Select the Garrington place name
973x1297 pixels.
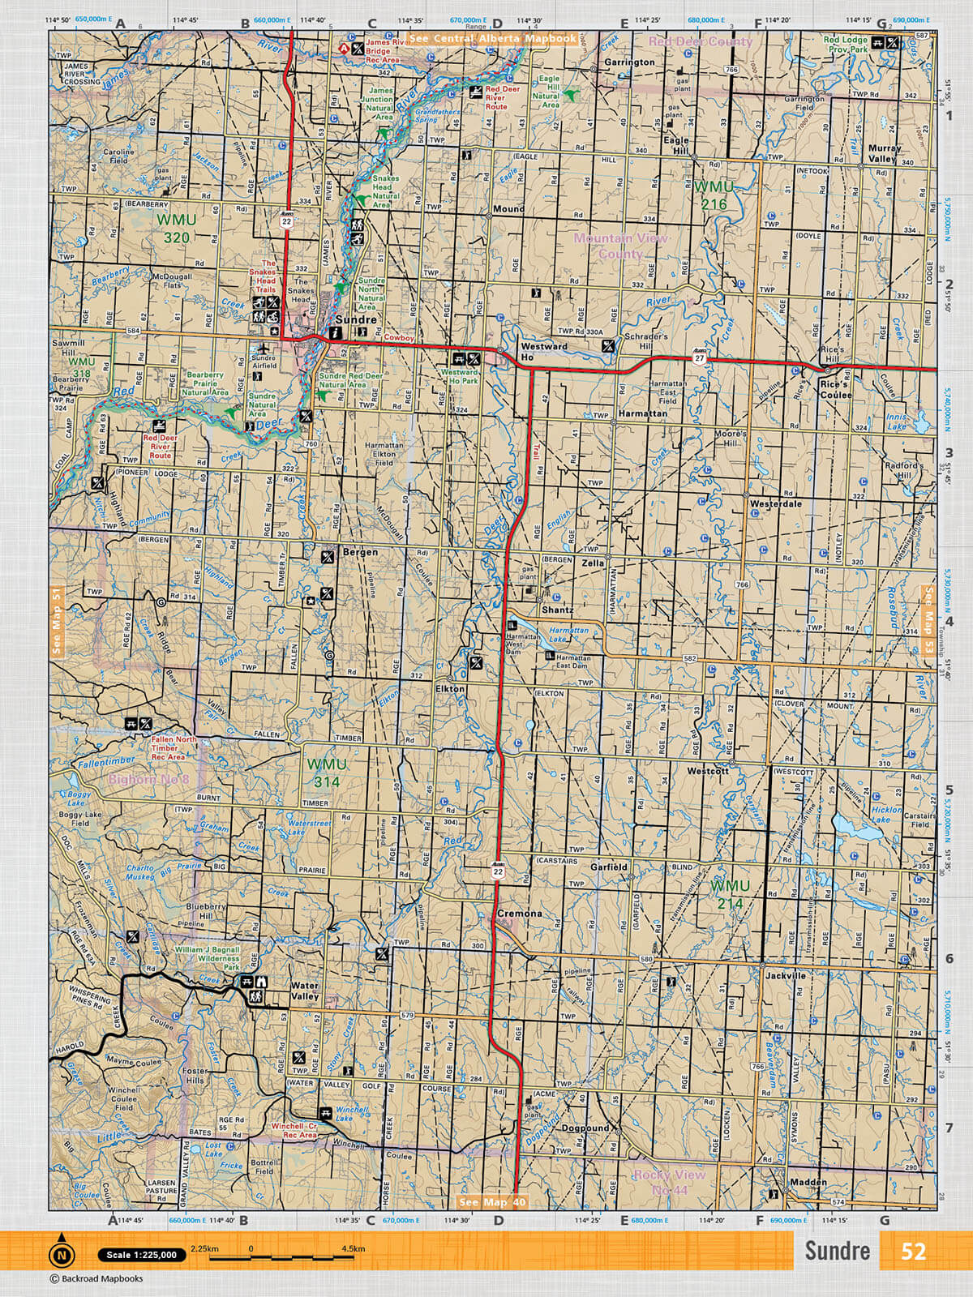pyautogui.click(x=628, y=62)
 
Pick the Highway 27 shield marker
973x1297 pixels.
pyautogui.click(x=698, y=357)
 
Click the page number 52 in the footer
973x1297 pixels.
pyautogui.click(x=912, y=1251)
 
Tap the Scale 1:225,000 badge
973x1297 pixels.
pyautogui.click(x=139, y=1256)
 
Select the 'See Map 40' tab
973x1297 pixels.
pyautogui.click(x=492, y=1202)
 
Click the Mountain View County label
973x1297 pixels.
pyautogui.click(x=620, y=246)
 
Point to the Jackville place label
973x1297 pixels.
pyautogui.click(x=785, y=976)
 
